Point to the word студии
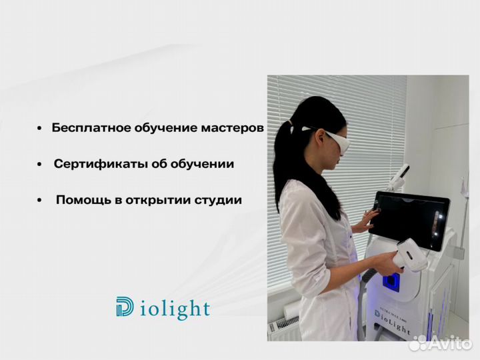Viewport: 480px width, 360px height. coord(218,199)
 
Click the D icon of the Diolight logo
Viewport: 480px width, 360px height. coord(125,308)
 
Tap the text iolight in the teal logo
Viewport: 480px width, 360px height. coord(174,310)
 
